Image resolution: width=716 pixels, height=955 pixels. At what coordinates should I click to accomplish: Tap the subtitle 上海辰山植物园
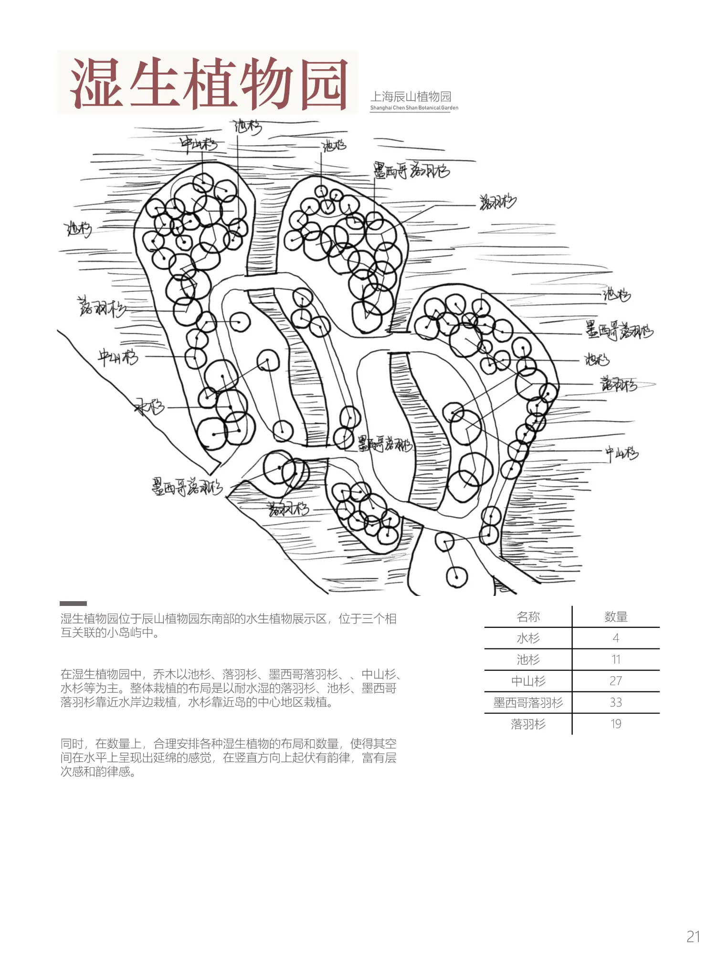click(411, 97)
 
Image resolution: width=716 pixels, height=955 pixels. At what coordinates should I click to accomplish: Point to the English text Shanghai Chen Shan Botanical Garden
click(414, 108)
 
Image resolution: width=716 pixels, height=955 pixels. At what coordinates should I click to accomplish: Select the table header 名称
click(528, 617)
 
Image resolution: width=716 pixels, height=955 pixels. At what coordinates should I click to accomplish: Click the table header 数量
click(615, 617)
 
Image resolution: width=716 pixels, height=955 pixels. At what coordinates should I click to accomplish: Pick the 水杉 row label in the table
click(528, 638)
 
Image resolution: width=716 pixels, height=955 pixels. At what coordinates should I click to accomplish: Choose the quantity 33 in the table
click(615, 702)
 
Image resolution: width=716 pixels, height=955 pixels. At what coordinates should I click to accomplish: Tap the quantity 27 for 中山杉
click(615, 681)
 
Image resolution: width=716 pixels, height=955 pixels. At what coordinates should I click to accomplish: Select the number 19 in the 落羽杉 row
click(615, 724)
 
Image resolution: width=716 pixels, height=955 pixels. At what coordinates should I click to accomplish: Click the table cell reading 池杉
click(528, 660)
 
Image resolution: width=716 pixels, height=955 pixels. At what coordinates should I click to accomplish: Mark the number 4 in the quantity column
click(615, 638)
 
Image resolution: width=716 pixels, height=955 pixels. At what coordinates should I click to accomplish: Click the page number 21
click(693, 937)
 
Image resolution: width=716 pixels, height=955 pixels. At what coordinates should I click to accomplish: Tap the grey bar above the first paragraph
click(73, 604)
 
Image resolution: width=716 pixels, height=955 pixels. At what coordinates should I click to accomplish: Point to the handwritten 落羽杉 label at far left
click(102, 308)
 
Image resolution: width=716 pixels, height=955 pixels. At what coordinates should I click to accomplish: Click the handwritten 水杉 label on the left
click(150, 407)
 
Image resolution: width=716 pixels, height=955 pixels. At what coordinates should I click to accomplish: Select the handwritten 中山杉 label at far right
click(621, 453)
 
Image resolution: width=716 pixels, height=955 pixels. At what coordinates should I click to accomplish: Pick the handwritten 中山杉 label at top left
click(199, 144)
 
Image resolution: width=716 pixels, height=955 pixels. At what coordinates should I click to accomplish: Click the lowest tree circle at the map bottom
click(456, 577)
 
